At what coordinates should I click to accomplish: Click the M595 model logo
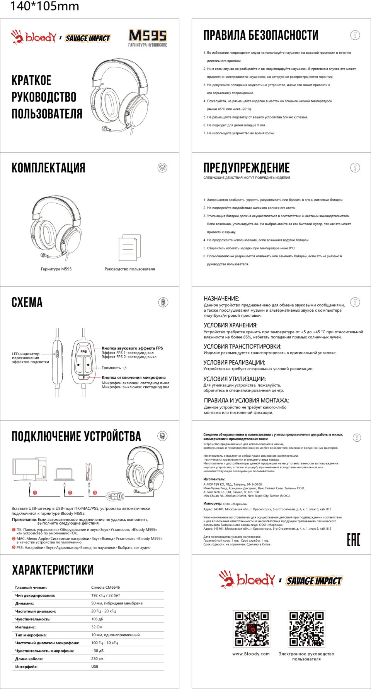pos(148,36)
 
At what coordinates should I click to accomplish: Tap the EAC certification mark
pos(353,540)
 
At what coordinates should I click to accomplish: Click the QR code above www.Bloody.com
pos(251,628)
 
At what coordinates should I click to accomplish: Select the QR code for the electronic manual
pos(306,628)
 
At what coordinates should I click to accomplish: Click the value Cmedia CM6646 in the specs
pos(106,587)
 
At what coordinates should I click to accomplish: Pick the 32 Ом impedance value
pos(97,627)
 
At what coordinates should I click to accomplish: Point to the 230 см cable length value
pos(97,659)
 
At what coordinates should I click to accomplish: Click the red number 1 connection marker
pos(35,493)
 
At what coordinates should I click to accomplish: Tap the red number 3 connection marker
pos(95,493)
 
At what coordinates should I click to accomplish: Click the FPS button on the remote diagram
pos(83,351)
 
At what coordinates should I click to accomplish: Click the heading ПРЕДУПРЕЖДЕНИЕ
pos(246,168)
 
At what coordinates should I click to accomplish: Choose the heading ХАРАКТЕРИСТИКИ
pos(53,570)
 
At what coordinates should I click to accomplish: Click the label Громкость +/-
pos(114,368)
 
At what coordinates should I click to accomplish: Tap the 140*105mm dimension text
pos(44,7)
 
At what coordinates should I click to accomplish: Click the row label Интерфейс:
pos(26,667)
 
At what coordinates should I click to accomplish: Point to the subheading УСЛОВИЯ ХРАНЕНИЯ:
pos(230,325)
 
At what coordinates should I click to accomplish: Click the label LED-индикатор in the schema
pos(26,354)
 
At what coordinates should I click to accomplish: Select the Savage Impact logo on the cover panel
pos(88,38)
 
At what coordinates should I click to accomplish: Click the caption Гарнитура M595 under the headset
pos(56,269)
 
